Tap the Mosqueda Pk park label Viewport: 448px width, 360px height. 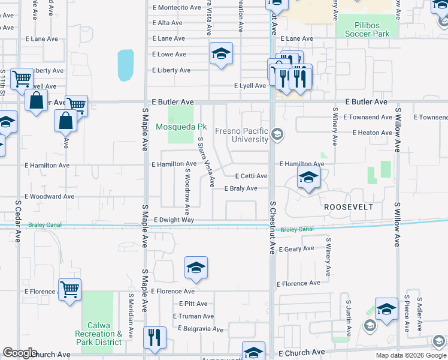181,127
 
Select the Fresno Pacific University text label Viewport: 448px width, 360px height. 250,135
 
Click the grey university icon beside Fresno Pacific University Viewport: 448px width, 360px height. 277,134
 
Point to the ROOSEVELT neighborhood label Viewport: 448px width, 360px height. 349,207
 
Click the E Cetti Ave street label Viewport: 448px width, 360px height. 250,176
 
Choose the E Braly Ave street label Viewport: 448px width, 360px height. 241,188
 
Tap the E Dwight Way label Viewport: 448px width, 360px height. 174,220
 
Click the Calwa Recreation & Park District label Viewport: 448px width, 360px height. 99,334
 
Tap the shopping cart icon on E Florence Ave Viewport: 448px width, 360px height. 70,290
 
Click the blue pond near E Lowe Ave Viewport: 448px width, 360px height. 126,65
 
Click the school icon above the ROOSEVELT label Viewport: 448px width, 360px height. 308,178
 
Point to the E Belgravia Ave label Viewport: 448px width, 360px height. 200,329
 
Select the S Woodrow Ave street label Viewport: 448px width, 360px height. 187,191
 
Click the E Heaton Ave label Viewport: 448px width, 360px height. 372,133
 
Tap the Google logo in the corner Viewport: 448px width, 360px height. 20,353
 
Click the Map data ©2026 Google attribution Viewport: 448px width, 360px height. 410,355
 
